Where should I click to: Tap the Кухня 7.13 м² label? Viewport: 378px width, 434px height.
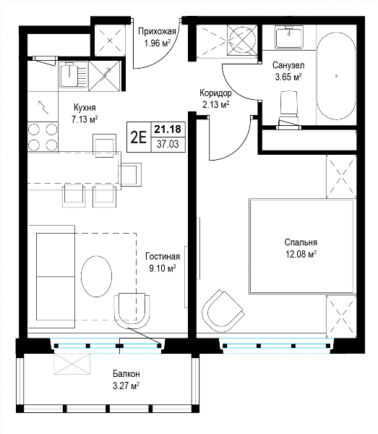[85, 114]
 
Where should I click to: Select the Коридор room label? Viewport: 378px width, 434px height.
[215, 98]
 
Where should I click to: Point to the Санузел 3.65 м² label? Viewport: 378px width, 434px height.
[288, 71]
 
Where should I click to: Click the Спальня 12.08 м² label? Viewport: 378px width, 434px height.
[301, 248]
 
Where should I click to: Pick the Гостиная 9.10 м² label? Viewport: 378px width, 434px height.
[163, 262]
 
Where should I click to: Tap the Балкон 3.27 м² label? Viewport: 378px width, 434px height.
[126, 380]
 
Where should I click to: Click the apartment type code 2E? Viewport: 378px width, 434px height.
[139, 137]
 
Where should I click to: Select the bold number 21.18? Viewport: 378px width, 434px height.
[168, 129]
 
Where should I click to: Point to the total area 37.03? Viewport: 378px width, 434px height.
[168, 144]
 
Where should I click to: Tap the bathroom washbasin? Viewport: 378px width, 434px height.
[289, 37]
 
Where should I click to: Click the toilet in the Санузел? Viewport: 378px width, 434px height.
[289, 109]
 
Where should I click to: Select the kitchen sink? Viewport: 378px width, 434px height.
[74, 75]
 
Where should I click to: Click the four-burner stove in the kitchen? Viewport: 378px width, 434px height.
[43, 137]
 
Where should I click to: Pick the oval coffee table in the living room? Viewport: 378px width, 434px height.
[97, 276]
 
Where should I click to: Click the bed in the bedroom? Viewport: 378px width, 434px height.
[302, 246]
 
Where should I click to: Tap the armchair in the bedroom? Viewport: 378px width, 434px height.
[223, 308]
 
